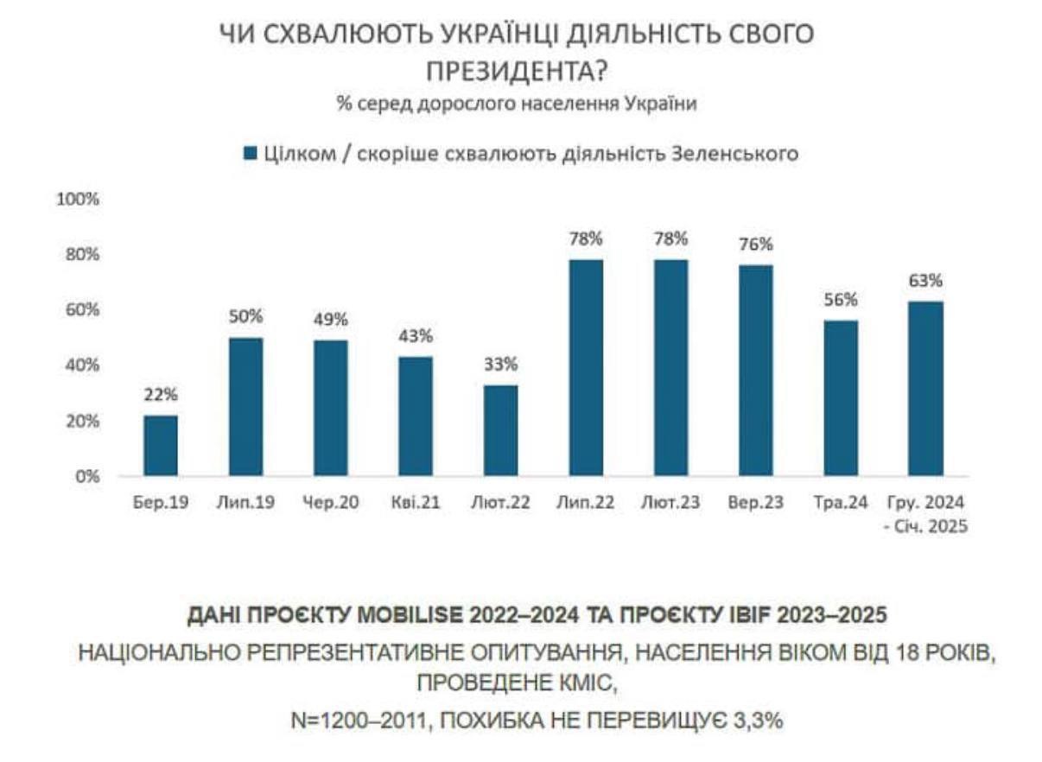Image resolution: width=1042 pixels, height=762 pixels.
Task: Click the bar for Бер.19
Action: coord(161,445)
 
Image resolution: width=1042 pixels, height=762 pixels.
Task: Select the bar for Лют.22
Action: coord(500,430)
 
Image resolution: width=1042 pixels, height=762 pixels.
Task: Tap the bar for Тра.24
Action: coord(841,398)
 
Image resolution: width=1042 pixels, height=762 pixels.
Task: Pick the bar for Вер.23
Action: coord(756,370)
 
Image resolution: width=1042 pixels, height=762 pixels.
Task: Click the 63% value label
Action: coord(925,281)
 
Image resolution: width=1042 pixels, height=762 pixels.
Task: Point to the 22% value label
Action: coord(161,395)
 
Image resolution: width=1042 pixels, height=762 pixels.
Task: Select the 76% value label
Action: coord(756,244)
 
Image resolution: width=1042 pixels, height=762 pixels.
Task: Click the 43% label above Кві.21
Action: coord(416,335)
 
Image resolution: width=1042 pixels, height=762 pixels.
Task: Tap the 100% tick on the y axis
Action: coord(79,199)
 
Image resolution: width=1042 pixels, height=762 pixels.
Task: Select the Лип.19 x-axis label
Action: coord(245,503)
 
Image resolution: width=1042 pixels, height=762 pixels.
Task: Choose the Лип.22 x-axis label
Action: coord(586,503)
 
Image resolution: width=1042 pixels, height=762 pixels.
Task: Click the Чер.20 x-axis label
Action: coord(331,503)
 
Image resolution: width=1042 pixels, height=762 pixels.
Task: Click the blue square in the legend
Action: coord(251,154)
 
